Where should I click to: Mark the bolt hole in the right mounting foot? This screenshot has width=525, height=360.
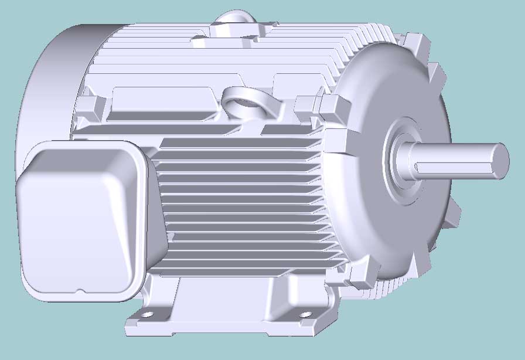click(305, 315)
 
